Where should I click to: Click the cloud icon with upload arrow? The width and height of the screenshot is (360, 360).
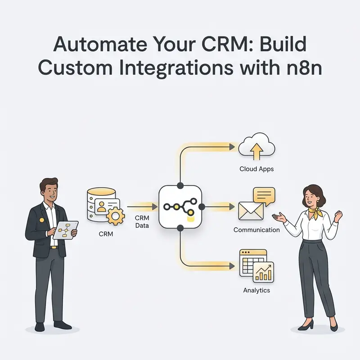[256, 146]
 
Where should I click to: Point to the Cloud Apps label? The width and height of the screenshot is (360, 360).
[256, 169]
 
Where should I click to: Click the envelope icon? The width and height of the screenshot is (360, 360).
[251, 211]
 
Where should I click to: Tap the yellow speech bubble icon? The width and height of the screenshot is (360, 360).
[264, 196]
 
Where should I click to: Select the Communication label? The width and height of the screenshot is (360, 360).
[256, 230]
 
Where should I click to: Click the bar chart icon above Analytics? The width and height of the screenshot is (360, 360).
[263, 272]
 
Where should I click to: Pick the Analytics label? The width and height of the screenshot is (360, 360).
[256, 290]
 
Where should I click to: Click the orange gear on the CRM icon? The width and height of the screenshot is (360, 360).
[116, 216]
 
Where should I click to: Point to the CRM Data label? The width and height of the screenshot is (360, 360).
[142, 221]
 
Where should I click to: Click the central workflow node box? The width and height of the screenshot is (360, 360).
[180, 207]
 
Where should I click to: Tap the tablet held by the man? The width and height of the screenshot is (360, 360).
[66, 230]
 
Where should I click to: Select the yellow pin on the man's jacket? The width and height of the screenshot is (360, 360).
[41, 220]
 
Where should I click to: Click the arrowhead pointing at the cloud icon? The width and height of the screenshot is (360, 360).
[232, 147]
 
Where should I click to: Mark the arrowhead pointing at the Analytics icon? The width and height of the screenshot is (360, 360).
[232, 266]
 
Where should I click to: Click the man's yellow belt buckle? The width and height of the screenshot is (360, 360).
[54, 247]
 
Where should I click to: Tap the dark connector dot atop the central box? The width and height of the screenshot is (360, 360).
[180, 185]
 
